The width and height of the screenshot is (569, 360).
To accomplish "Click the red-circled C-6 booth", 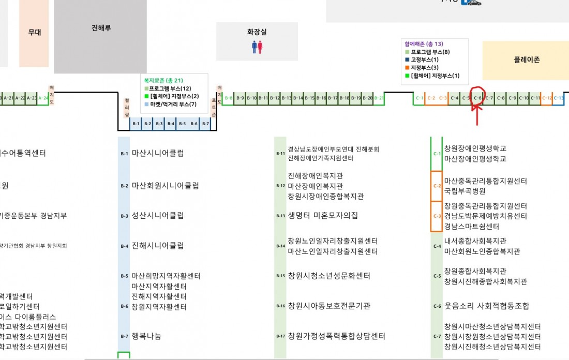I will pyautogui.click(x=477, y=98).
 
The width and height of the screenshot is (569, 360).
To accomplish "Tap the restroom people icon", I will pyautogui.click(x=257, y=47).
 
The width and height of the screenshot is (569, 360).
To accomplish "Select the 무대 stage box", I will pyautogui.click(x=35, y=33).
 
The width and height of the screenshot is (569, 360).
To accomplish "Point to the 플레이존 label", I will pyautogui.click(x=527, y=59).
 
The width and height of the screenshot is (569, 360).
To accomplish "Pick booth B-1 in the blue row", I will pyautogui.click(x=136, y=124).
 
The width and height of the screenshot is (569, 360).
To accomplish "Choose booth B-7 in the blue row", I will pyautogui.click(x=205, y=124).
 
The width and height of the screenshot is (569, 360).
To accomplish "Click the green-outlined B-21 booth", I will pyautogui.click(x=379, y=98).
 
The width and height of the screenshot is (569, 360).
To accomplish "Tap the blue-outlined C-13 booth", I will pyautogui.click(x=559, y=98).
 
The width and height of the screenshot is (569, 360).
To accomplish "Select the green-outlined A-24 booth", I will pyautogui.click(x=44, y=98).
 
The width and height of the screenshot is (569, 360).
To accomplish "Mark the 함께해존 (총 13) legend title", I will pyautogui.click(x=424, y=44).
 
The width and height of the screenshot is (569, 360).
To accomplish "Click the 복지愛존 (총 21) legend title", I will pyautogui.click(x=163, y=81).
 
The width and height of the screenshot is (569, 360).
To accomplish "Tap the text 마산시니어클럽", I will pyautogui.click(x=158, y=153).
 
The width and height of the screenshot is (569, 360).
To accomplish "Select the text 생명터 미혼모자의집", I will pyautogui.click(x=323, y=215).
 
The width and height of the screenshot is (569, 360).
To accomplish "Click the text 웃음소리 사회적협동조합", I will pyautogui.click(x=487, y=306).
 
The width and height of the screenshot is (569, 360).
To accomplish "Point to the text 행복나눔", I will pyautogui.click(x=146, y=336).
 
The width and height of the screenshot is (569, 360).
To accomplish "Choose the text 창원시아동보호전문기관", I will pyautogui.click(x=329, y=306).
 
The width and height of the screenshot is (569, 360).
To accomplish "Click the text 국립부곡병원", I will pyautogui.click(x=465, y=191).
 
